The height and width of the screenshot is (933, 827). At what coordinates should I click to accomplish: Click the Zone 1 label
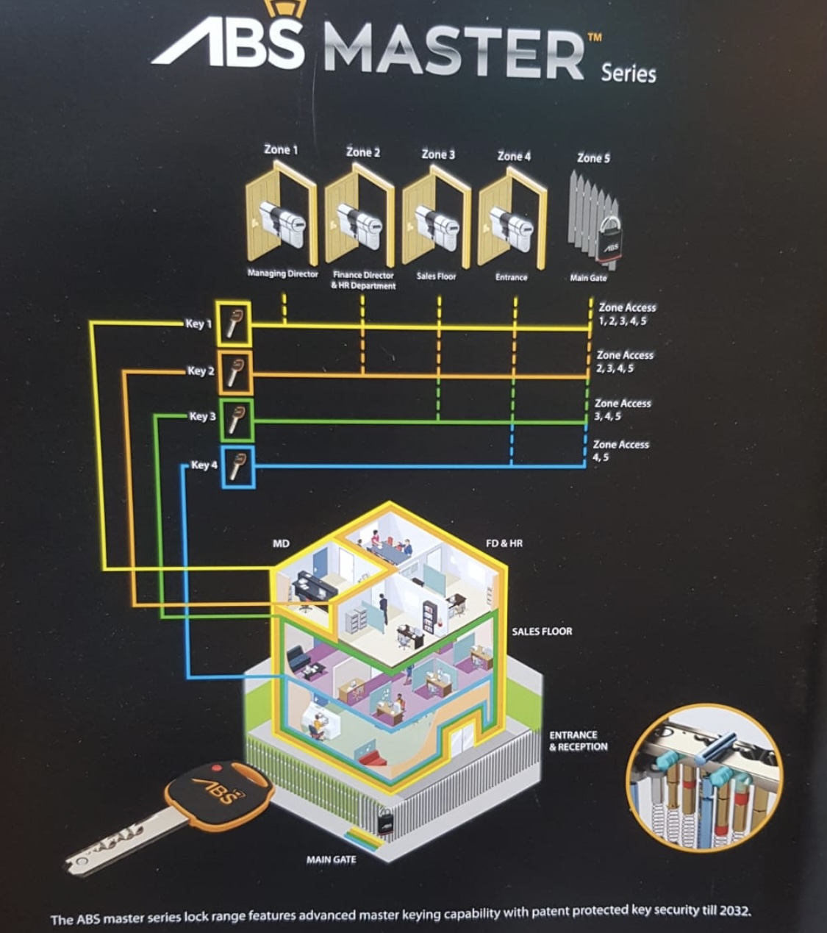click(x=281, y=149)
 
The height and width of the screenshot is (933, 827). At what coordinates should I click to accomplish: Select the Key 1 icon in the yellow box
click(x=234, y=323)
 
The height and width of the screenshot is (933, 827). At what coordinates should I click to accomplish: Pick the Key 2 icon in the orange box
click(x=234, y=371)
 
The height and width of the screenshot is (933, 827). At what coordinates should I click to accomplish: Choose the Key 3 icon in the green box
click(x=236, y=420)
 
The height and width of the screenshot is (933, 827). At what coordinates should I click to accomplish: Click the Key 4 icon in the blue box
click(x=237, y=467)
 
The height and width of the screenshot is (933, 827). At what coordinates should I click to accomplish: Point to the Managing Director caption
click(x=283, y=274)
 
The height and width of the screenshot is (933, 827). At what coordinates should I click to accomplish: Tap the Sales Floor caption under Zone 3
click(x=437, y=276)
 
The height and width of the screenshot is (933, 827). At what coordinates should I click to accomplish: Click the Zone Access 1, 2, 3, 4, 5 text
click(x=626, y=314)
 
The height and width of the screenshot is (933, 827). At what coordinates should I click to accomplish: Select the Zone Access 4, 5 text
click(x=620, y=451)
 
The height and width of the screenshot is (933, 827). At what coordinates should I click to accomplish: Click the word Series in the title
click(x=629, y=74)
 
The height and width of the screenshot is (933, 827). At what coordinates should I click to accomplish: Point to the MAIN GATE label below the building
click(x=331, y=859)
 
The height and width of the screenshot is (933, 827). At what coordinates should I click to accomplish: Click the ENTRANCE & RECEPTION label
click(x=579, y=740)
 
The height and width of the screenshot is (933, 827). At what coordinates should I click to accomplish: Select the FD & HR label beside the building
click(x=504, y=543)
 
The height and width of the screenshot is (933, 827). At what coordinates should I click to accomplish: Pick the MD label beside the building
click(x=281, y=543)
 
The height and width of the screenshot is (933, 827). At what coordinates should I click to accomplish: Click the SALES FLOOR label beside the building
click(x=542, y=631)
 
